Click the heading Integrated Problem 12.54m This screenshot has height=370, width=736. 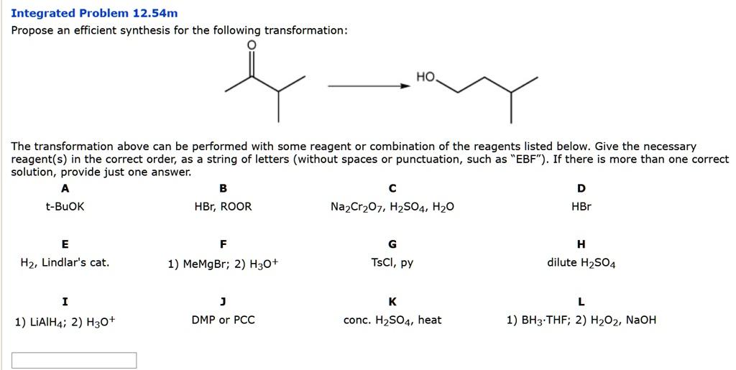click(94, 13)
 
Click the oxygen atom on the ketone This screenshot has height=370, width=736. click(251, 45)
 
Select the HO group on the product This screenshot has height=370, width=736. click(425, 77)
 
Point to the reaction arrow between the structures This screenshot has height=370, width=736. click(369, 86)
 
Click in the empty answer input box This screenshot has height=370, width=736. click(74, 360)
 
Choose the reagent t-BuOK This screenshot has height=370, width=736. click(65, 207)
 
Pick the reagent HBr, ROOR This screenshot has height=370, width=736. click(223, 207)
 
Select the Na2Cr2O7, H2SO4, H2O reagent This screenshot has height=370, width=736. click(392, 207)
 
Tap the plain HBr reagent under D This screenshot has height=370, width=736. click(581, 207)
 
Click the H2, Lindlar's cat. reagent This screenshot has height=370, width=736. click(65, 263)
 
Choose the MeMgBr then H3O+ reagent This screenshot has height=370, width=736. click(223, 264)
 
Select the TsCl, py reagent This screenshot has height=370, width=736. click(392, 263)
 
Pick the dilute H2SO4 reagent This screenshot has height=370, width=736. click(581, 263)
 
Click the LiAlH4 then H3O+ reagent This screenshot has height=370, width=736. click(65, 321)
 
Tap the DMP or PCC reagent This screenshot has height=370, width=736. click(223, 320)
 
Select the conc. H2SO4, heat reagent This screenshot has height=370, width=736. click(392, 320)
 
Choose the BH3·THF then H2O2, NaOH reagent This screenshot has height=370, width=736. click(581, 320)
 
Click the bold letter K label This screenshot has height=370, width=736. click(392, 301)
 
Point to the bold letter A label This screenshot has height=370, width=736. click(65, 188)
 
